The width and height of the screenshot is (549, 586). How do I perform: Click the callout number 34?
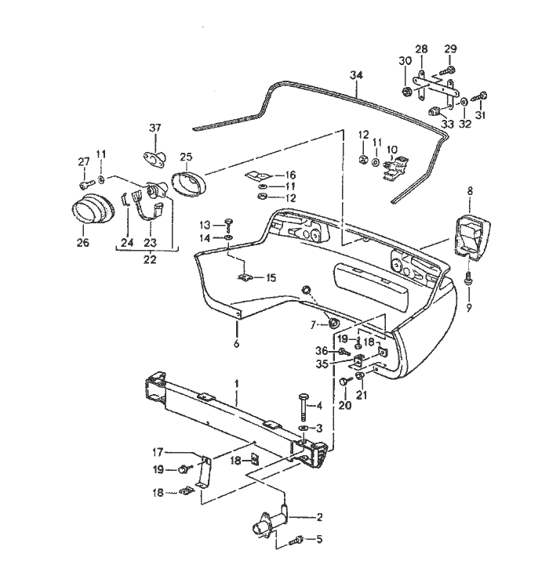coord(357,76)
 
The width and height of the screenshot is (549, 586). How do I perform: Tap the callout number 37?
coord(155,128)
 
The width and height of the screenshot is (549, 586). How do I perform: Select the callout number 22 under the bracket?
coord(149,259)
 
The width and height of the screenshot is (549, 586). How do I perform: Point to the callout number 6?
coord(235,342)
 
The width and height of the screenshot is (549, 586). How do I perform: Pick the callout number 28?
coord(421,49)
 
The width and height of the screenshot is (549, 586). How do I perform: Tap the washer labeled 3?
coord(304,430)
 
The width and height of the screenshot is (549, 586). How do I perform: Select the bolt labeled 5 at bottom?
coord(297,540)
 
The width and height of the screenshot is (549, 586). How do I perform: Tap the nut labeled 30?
coord(406,92)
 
